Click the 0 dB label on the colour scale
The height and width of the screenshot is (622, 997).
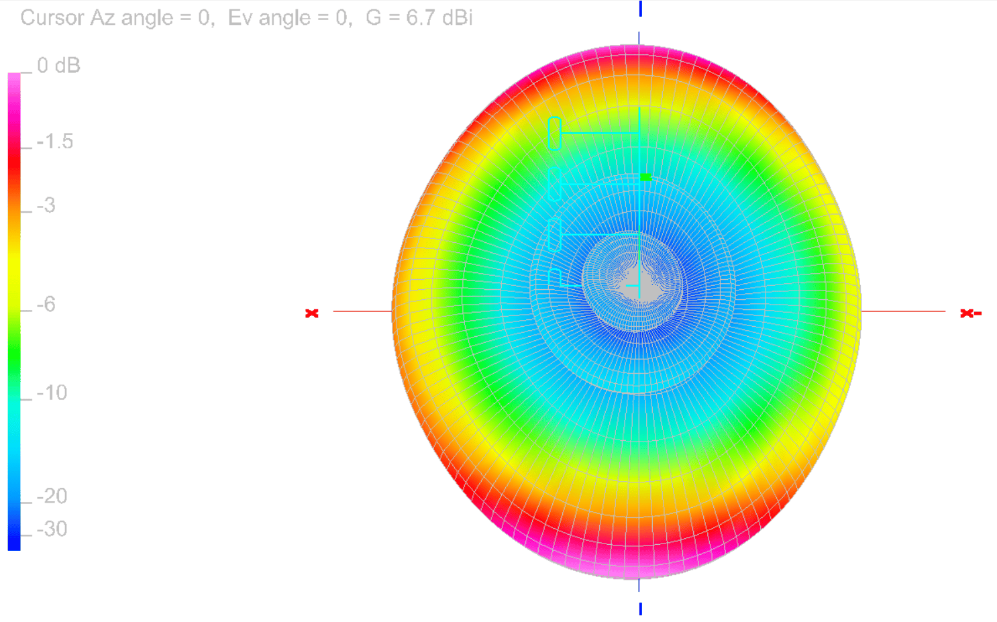pyautogui.click(x=58, y=66)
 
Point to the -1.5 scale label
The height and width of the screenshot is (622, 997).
pyautogui.click(x=55, y=142)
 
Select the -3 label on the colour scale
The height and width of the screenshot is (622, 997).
pyautogui.click(x=46, y=205)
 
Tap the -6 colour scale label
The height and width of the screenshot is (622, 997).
pyautogui.click(x=46, y=305)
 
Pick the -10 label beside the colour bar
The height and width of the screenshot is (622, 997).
pyautogui.click(x=52, y=393)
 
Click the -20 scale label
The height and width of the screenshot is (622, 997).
pyautogui.click(x=52, y=496)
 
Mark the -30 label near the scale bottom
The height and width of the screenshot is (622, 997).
pyautogui.click(x=52, y=529)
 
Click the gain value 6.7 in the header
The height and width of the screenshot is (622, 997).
pyautogui.click(x=420, y=18)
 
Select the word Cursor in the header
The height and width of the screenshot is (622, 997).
pyautogui.click(x=52, y=18)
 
